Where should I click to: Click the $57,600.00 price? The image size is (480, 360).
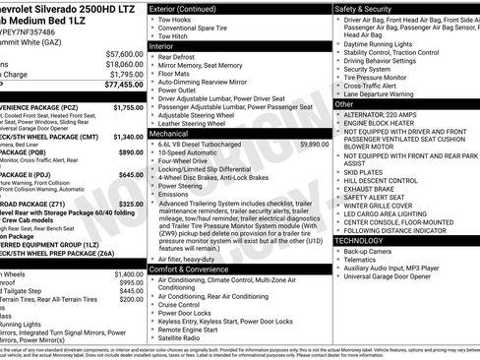[x=123, y=53]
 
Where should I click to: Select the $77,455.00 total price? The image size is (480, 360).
[x=123, y=85]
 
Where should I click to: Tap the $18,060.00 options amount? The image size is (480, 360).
[x=123, y=64]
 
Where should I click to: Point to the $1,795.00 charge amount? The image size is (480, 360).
[x=125, y=74]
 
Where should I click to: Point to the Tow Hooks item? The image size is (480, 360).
[x=179, y=20]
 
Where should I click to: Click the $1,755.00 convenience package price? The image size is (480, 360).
[x=128, y=107]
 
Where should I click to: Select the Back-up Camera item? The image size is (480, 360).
[x=368, y=251]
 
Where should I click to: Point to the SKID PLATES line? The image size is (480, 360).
[x=364, y=171]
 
